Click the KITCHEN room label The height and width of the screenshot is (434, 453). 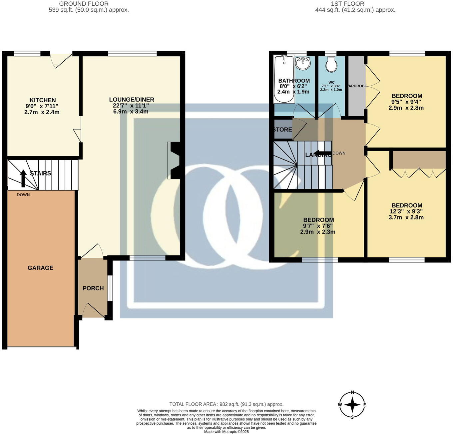tap(43, 100)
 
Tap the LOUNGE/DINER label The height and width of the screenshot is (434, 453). tap(132, 100)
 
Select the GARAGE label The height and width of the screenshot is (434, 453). tap(40, 268)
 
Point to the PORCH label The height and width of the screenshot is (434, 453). tap(93, 288)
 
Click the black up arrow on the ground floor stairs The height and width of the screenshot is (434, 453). tap(23, 178)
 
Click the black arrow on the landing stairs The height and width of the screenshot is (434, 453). tap(322, 154)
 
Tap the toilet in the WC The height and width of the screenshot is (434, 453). tap(331, 64)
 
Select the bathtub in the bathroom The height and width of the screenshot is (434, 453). tap(284, 79)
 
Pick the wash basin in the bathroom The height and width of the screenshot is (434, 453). tap(303, 63)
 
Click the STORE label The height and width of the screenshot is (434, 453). tap(282, 130)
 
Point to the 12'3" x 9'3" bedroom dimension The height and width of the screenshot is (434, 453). tap(406, 212)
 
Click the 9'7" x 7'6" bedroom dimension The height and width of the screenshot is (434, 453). tap(318, 226)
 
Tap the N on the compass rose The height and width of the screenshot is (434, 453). tap(352, 393)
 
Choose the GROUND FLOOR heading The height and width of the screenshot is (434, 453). tap(84, 4)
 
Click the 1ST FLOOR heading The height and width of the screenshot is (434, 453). tap(347, 4)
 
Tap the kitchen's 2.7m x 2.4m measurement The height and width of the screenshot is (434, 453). tap(42, 112)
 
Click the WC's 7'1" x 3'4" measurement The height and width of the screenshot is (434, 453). tap(331, 86)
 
